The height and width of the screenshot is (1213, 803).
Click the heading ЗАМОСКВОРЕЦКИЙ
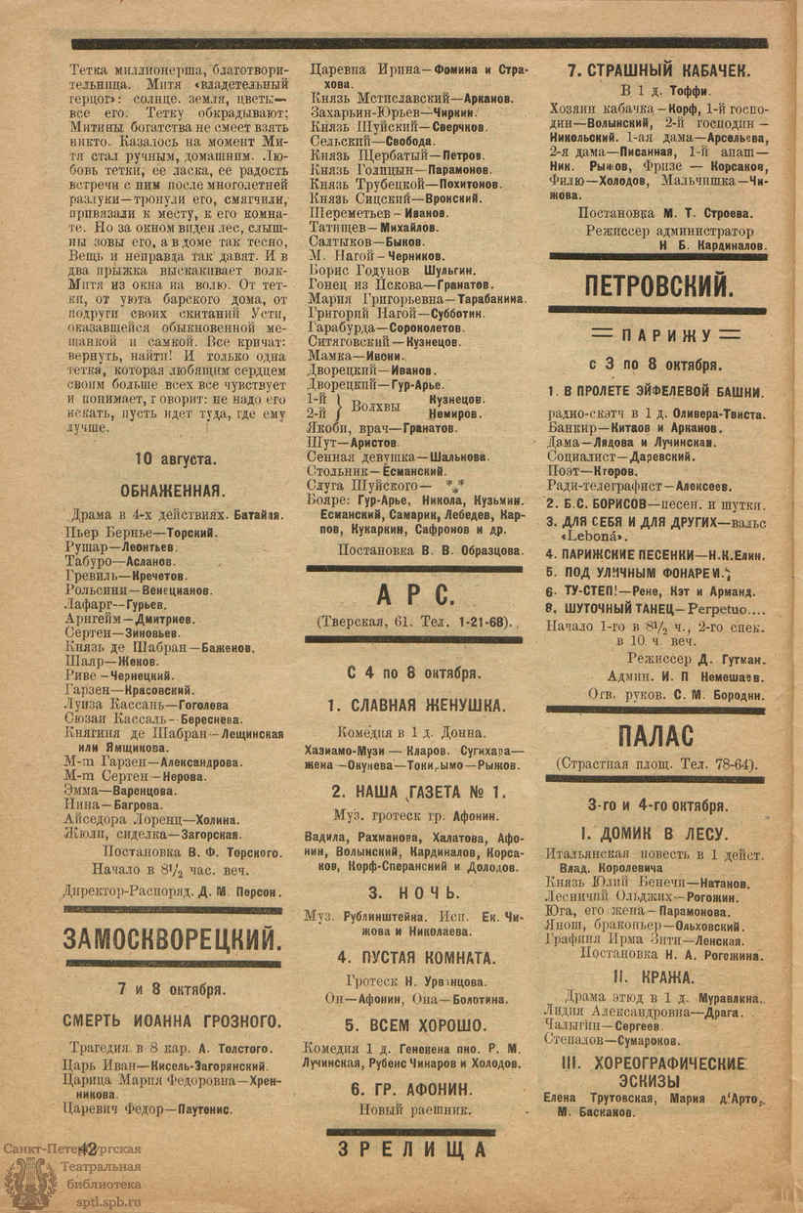point(172,940)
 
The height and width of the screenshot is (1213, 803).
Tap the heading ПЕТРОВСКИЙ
point(658,285)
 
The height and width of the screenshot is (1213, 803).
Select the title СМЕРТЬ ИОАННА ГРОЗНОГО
point(173,1022)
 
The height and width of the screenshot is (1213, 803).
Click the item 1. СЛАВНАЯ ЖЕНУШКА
point(416,705)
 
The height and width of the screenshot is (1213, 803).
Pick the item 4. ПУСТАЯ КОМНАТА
point(416,957)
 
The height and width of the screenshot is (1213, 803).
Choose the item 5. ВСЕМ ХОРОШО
point(416,1025)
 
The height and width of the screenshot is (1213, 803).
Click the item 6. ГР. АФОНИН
point(416,1087)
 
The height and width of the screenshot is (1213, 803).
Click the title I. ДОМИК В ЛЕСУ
point(655,834)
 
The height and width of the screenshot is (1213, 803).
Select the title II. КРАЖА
point(654,976)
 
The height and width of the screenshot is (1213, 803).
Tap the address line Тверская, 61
point(414,622)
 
